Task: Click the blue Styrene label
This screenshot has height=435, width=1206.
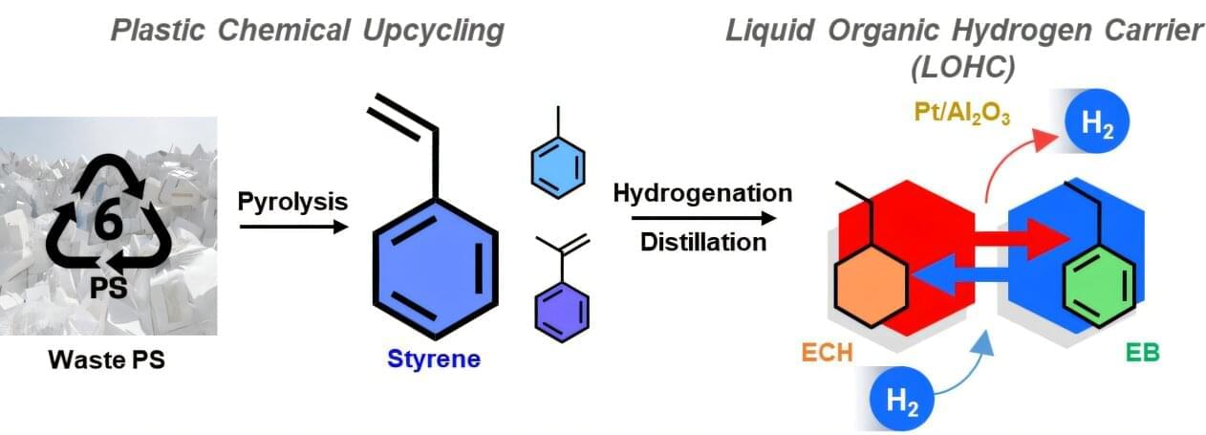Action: click(434, 360)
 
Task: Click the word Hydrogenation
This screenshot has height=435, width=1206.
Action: click(702, 193)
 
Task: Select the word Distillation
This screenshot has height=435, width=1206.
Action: click(702, 241)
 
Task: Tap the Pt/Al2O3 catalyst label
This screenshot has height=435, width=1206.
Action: click(949, 108)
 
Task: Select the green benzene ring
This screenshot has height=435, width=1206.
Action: click(1099, 282)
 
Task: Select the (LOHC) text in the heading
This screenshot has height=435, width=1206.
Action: click(964, 69)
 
